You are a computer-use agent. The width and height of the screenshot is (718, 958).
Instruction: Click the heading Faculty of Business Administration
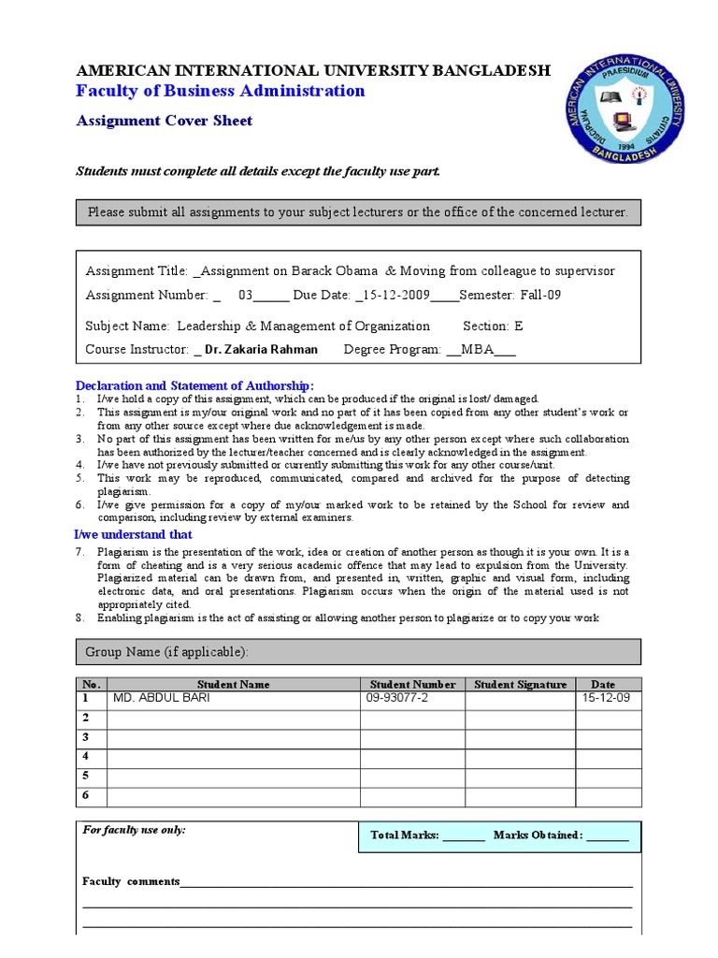coord(220,91)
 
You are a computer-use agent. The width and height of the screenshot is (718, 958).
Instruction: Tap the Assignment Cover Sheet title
coord(164,121)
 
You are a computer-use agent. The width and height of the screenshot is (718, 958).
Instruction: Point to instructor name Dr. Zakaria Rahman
coord(261,349)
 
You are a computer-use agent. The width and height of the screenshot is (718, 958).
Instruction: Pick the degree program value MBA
coord(476,349)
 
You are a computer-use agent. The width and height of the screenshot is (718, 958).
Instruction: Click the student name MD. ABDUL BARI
coord(161,698)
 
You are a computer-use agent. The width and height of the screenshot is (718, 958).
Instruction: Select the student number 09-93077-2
coord(396,698)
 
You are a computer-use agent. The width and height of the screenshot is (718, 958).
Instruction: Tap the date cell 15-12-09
coord(605,698)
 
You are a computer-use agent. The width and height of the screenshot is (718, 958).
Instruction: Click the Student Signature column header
coord(520,684)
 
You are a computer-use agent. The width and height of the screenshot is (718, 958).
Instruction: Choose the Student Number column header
coord(412,684)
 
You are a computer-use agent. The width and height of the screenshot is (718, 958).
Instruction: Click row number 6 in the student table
coord(85,795)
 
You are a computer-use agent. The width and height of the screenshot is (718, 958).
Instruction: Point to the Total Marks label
coord(404,835)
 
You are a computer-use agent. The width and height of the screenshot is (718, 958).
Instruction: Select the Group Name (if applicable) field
coord(359,651)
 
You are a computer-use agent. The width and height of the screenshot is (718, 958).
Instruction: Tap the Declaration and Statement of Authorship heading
coord(194,385)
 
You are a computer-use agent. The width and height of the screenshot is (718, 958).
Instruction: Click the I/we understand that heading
coord(134,534)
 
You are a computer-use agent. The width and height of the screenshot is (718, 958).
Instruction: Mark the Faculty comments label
coord(131,881)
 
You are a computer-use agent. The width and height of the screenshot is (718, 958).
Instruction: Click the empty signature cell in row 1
coord(520,699)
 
